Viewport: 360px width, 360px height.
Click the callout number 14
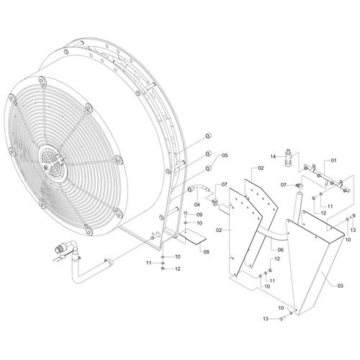pyautogui.click(x=273, y=156)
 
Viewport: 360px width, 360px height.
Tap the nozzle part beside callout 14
pyautogui.click(x=288, y=157)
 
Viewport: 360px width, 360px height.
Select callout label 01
pyautogui.click(x=334, y=161)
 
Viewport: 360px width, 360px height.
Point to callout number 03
pyautogui.click(x=340, y=286)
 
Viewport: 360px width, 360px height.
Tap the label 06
pyautogui.click(x=280, y=250)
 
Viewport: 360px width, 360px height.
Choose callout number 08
pyautogui.click(x=206, y=252)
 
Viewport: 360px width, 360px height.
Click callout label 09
pyautogui.click(x=199, y=215)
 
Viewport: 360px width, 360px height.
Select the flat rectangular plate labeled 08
pyautogui.click(x=192, y=236)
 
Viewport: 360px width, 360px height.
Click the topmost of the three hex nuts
pyautogui.click(x=209, y=136)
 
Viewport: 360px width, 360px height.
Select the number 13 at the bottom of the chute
pyautogui.click(x=266, y=319)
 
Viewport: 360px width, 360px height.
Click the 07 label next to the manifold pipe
pyautogui.click(x=284, y=185)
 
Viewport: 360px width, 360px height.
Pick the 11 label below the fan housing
pyautogui.click(x=149, y=263)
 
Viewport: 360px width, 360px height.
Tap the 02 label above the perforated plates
pyautogui.click(x=261, y=168)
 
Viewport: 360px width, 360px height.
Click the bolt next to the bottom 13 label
pyautogui.click(x=282, y=318)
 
